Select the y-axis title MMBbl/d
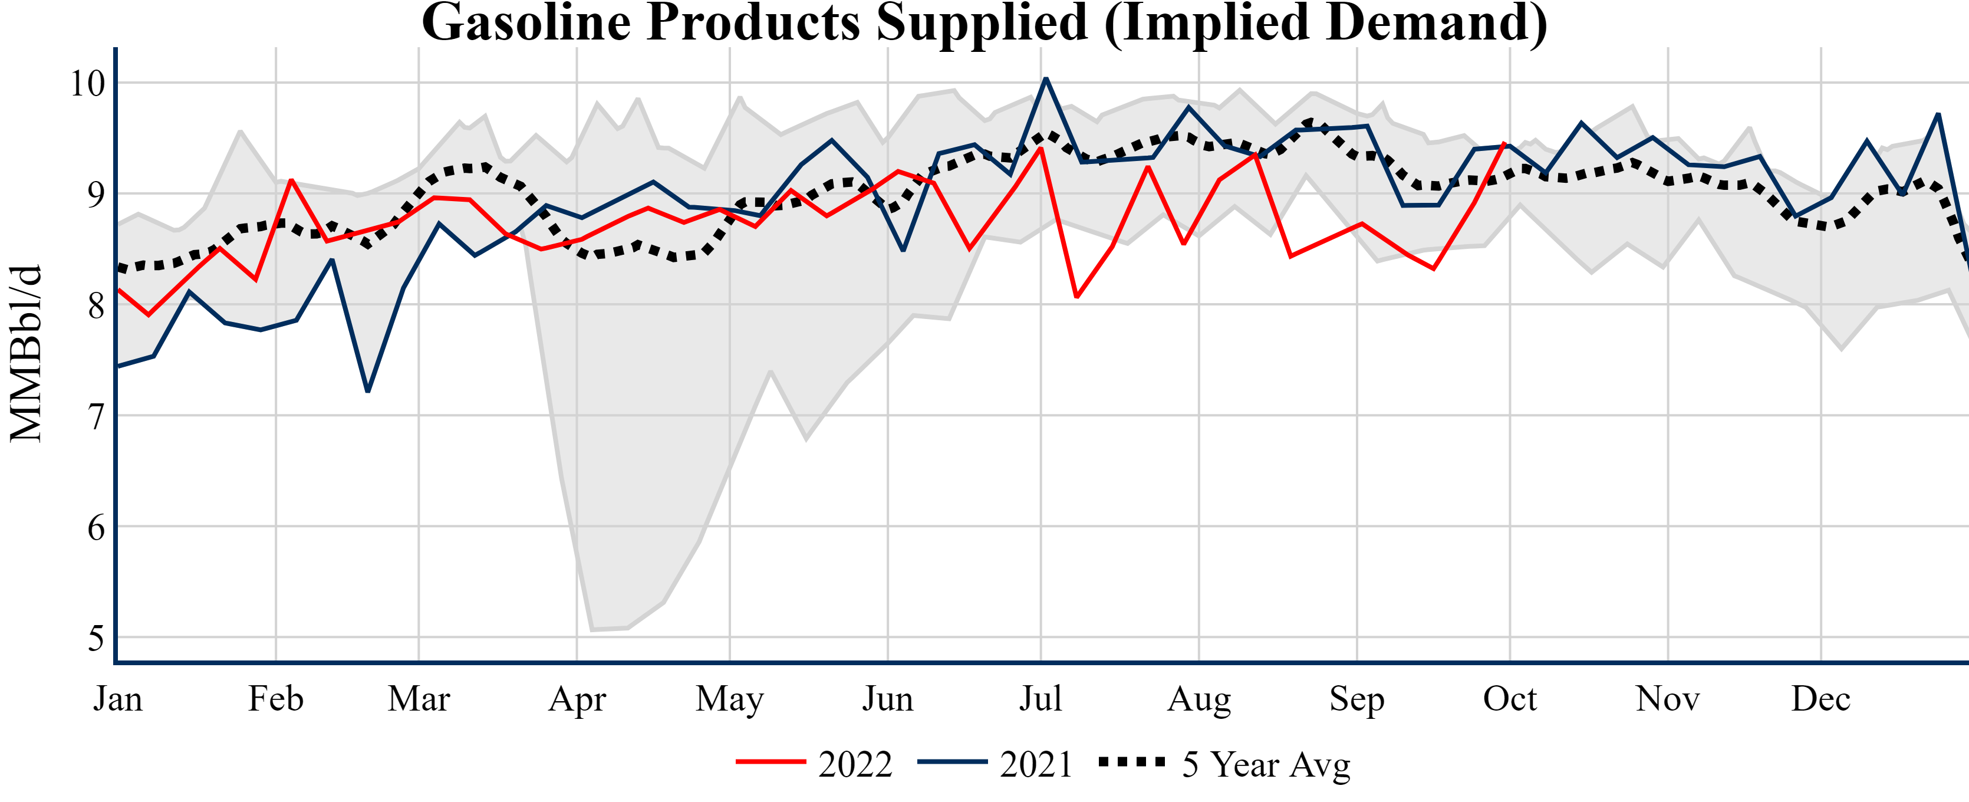tap(25, 354)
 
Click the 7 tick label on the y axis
tap(96, 417)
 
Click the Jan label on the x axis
tap(118, 699)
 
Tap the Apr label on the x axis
tap(577, 699)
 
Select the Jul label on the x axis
tap(1041, 699)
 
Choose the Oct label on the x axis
tap(1510, 699)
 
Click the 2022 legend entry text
tap(855, 764)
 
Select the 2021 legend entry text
tap(1036, 764)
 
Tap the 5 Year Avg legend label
tap(1266, 764)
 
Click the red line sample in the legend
tap(771, 762)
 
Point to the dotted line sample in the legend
tap(1132, 762)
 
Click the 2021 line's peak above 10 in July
tap(1046, 79)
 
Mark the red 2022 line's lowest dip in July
tap(1076, 297)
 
